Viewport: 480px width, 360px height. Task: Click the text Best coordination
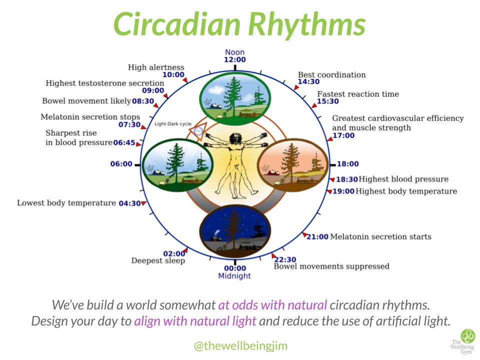tap(332, 75)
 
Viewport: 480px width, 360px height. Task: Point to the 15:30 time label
tap(327, 101)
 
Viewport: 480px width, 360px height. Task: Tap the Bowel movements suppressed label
tap(331, 266)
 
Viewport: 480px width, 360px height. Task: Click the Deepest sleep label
tap(158, 260)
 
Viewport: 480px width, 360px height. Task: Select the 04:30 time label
tap(129, 203)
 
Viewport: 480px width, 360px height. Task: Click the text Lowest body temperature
tap(66, 203)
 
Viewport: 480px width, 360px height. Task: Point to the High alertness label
tap(156, 67)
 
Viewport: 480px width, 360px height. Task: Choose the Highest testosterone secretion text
tap(105, 83)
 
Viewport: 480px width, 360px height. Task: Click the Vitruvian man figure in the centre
tap(235, 160)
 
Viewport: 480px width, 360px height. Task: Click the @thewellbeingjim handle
tap(240, 345)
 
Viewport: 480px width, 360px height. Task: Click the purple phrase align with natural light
tap(195, 321)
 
